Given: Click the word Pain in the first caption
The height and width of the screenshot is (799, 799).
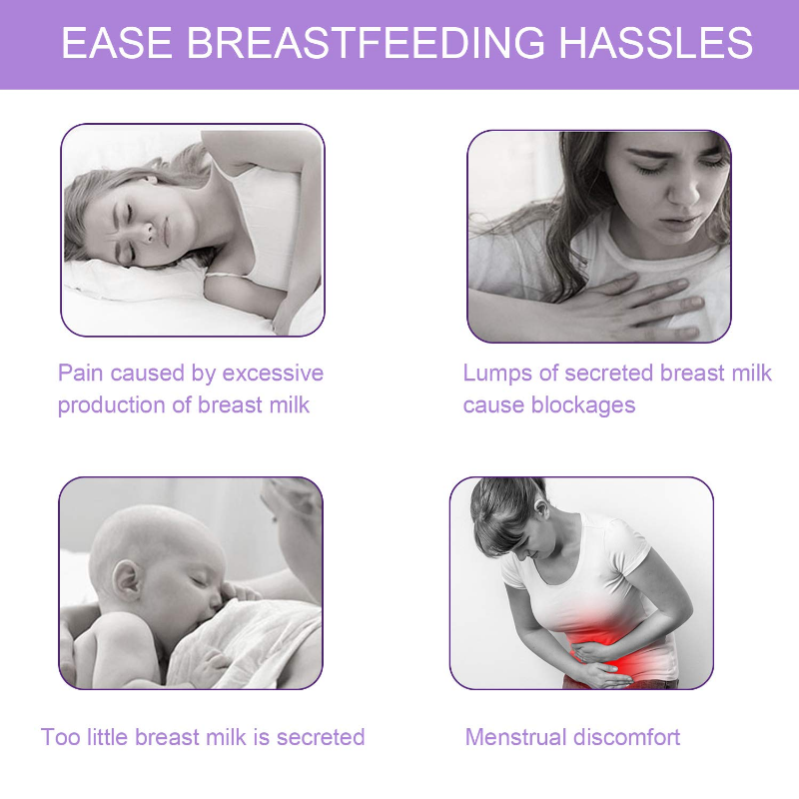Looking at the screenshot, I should point(81,374).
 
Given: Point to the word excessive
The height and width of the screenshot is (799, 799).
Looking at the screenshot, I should point(272,374).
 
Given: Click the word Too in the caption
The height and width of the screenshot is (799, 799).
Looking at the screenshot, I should point(59,738).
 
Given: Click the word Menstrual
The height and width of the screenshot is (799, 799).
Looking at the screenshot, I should point(516,738).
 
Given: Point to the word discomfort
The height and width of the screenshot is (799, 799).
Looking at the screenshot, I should point(627,738).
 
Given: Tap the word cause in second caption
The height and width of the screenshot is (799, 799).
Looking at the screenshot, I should point(490,405).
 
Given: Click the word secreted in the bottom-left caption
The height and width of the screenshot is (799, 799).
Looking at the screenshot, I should point(321,738).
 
